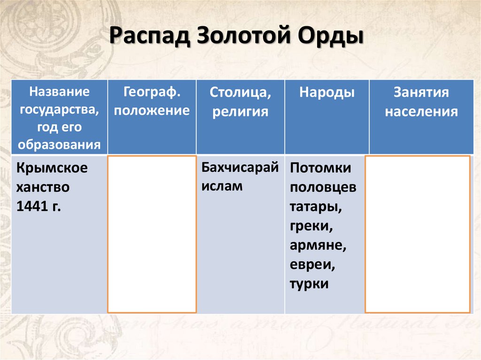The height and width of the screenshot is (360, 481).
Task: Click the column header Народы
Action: pos(327,92)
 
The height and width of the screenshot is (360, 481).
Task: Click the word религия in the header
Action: pos(240,112)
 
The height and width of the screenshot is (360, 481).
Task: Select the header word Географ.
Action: pos(152,92)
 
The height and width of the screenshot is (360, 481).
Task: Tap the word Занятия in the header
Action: pos(421,92)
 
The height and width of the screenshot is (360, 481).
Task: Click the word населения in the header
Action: pos(421,112)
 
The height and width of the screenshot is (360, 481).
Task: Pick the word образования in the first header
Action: pos(60,144)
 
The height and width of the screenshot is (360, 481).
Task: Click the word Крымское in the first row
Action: pos(52,168)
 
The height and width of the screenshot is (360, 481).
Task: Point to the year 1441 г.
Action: pos(39,207)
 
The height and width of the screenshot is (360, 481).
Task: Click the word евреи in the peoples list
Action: pos(312,265)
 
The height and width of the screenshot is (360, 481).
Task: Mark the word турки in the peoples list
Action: pos(309,284)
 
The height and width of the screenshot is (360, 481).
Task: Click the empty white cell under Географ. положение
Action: pos(152,234)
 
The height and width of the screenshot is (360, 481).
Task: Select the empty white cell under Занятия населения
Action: pos(418,234)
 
